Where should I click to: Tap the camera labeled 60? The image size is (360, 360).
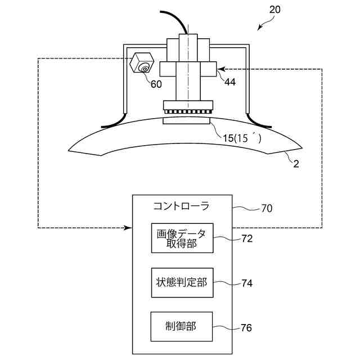point(142,64)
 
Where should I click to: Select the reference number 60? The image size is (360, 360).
point(155,84)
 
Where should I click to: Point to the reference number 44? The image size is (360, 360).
point(229,82)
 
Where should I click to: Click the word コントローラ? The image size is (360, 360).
point(181,206)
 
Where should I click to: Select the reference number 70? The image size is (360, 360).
point(267,209)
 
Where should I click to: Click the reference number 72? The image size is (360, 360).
point(246,238)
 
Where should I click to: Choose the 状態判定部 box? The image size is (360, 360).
point(181,283)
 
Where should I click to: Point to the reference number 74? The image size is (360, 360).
point(246,283)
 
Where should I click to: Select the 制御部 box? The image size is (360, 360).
point(181,327)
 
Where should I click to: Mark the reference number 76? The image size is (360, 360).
point(246,327)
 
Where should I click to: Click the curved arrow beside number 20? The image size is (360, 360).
point(265,22)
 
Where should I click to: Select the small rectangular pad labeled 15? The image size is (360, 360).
point(187,120)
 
